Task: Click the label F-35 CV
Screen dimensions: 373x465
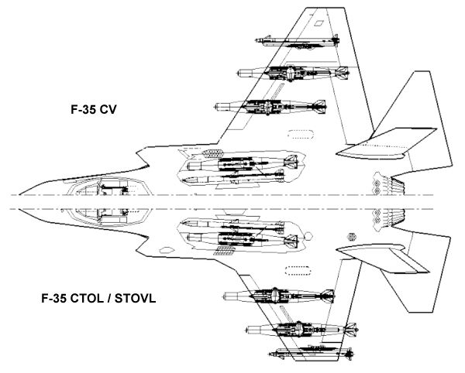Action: click(x=94, y=111)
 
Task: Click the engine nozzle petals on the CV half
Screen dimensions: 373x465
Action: click(x=387, y=185)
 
